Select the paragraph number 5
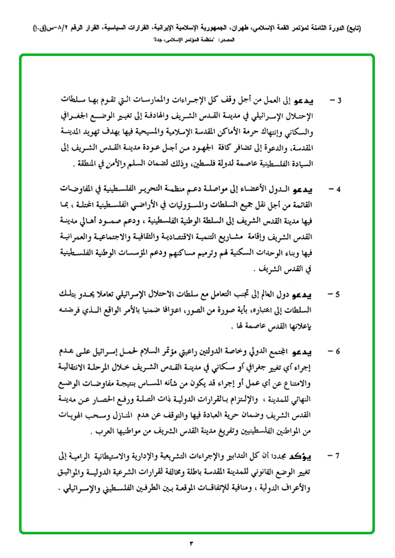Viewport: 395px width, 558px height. pyautogui.click(x=339, y=295)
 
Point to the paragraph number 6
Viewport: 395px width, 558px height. pyautogui.click(x=339, y=352)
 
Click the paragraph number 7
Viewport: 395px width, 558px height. pyautogui.click(x=339, y=455)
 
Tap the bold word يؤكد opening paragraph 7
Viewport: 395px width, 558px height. pyautogui.click(x=318, y=455)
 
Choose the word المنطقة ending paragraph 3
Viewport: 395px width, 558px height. pyautogui.click(x=85, y=164)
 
